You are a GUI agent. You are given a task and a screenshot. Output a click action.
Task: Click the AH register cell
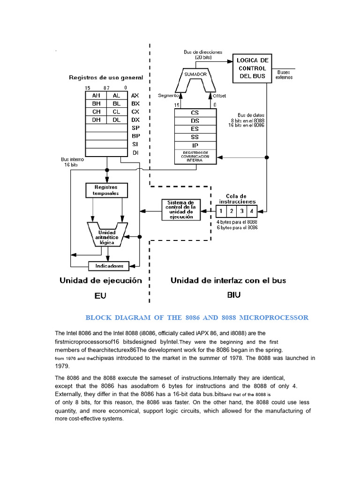(96, 95)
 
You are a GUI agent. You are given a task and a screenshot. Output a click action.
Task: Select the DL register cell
(116, 120)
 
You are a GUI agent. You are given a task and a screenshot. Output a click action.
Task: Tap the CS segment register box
(195, 112)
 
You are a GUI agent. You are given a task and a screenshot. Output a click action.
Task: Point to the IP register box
(195, 145)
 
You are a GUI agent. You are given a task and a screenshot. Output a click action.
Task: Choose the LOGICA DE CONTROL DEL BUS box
(252, 68)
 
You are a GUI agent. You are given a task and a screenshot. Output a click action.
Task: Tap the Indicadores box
(109, 266)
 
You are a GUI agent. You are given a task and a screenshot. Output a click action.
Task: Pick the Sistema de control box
(181, 210)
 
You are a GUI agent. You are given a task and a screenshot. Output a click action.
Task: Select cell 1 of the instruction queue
(221, 211)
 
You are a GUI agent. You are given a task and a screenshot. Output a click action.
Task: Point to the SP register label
(135, 128)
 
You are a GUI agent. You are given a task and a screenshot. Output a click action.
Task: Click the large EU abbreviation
(100, 295)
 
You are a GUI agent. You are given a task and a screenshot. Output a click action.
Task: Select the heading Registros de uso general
(106, 77)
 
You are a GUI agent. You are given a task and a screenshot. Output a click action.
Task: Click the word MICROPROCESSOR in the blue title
(274, 318)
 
